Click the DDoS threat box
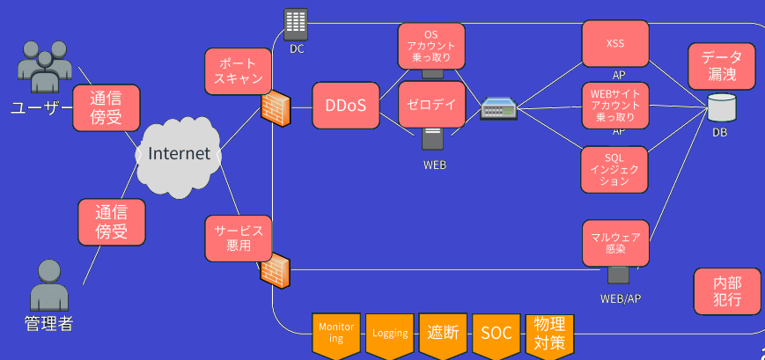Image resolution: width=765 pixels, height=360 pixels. (x=345, y=106)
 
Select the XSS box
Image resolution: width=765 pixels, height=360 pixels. (x=615, y=42)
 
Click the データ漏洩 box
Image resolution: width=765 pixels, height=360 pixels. (x=722, y=66)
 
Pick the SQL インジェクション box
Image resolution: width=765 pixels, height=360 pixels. (x=615, y=169)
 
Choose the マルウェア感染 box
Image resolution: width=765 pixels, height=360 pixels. (x=615, y=243)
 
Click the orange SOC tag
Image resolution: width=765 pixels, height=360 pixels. (x=497, y=334)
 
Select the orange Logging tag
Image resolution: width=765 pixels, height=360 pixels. (x=390, y=334)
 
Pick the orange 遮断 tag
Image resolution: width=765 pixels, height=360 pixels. (x=443, y=334)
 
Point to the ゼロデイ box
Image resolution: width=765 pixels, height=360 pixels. (x=432, y=105)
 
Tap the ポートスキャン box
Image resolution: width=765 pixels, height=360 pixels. (x=238, y=71)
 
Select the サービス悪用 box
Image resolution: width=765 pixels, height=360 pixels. (x=239, y=238)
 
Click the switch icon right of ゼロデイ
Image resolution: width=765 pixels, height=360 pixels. (x=498, y=109)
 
